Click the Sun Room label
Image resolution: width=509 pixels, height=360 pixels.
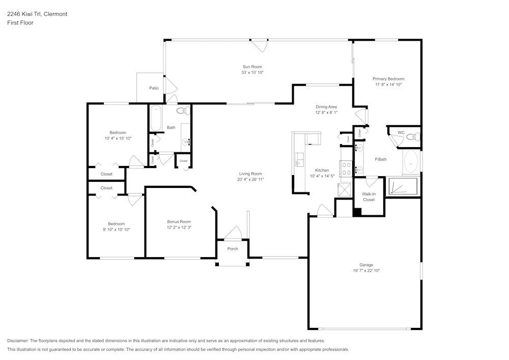pos(252,67)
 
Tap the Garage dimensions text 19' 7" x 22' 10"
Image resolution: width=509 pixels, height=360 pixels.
pos(366,271)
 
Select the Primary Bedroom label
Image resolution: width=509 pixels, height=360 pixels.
pos(388,79)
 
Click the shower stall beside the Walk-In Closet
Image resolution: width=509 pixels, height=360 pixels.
pos(403,187)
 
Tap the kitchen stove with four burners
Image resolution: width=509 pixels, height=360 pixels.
pos(346,169)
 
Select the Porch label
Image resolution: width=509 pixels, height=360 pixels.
pos(233,249)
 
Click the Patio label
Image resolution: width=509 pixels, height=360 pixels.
pos(154,88)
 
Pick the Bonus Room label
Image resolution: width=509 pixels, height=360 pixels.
pos(179,221)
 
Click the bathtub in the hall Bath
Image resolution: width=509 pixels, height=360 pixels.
pos(155,119)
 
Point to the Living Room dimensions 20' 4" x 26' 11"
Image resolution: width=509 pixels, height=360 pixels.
pos(250,180)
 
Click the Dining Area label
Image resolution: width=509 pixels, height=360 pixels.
pos(326,106)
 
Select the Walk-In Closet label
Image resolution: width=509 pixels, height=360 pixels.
pos(369,197)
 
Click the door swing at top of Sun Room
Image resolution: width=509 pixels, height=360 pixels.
pos(261,45)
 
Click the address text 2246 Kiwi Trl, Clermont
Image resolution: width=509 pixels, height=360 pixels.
pos(37,14)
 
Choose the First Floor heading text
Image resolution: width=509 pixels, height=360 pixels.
pos(20,23)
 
